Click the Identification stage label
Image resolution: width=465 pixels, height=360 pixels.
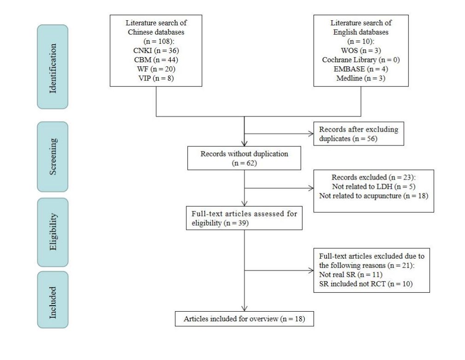[x=52, y=67]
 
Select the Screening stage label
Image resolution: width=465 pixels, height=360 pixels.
[x=52, y=156]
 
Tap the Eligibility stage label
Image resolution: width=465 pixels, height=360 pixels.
[x=52, y=232]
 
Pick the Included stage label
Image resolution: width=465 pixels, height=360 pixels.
[x=52, y=299]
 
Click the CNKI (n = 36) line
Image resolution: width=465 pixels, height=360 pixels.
[x=157, y=50]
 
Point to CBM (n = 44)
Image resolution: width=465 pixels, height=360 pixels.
[x=157, y=59]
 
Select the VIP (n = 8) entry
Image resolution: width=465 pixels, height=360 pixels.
[x=157, y=78]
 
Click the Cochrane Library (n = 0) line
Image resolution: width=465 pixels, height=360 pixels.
[x=360, y=59]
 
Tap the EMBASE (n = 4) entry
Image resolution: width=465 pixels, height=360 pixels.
[x=360, y=69]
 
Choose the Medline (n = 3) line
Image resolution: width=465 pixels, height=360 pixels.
[x=360, y=78]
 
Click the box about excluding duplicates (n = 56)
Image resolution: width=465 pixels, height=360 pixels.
[x=359, y=134]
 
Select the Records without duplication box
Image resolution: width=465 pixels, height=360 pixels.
[x=244, y=158]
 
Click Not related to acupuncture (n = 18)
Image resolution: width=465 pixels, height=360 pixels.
[x=373, y=196]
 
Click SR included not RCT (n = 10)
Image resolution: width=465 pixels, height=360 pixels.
[x=359, y=284]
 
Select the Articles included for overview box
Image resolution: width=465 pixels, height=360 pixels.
[x=244, y=319]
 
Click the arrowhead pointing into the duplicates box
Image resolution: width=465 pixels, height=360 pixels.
[x=311, y=134]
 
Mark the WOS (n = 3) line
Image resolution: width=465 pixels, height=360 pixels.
[x=360, y=50]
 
